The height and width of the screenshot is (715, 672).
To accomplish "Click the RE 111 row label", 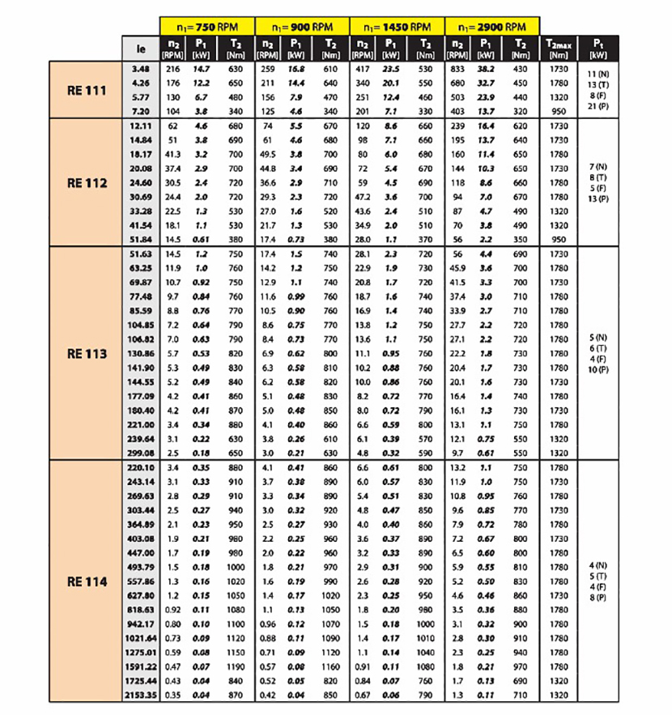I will (x=87, y=90).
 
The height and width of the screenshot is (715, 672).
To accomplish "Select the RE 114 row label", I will (x=87, y=581).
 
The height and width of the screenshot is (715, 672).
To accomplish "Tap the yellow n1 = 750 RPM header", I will (x=206, y=26).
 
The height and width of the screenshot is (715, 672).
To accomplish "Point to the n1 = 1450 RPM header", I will (x=398, y=26).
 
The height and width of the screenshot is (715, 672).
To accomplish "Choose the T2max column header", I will (x=559, y=48).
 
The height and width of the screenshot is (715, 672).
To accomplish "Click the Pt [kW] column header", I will (x=598, y=48).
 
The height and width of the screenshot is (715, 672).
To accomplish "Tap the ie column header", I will (x=141, y=48).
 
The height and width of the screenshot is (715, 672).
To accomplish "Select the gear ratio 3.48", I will (x=141, y=70).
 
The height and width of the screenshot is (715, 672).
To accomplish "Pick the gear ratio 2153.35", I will (x=139, y=695).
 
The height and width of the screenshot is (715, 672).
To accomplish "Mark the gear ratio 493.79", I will (x=141, y=567).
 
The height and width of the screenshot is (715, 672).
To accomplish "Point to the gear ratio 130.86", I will (x=141, y=353).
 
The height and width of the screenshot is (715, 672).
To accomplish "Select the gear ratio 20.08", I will (x=141, y=168).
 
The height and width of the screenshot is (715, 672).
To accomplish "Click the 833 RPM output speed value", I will (x=459, y=70).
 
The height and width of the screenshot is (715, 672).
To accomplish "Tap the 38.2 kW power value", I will (x=487, y=70).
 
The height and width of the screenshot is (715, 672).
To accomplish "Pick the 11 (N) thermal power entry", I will (x=598, y=75).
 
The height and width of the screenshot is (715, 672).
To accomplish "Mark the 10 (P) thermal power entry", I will (x=598, y=368).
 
